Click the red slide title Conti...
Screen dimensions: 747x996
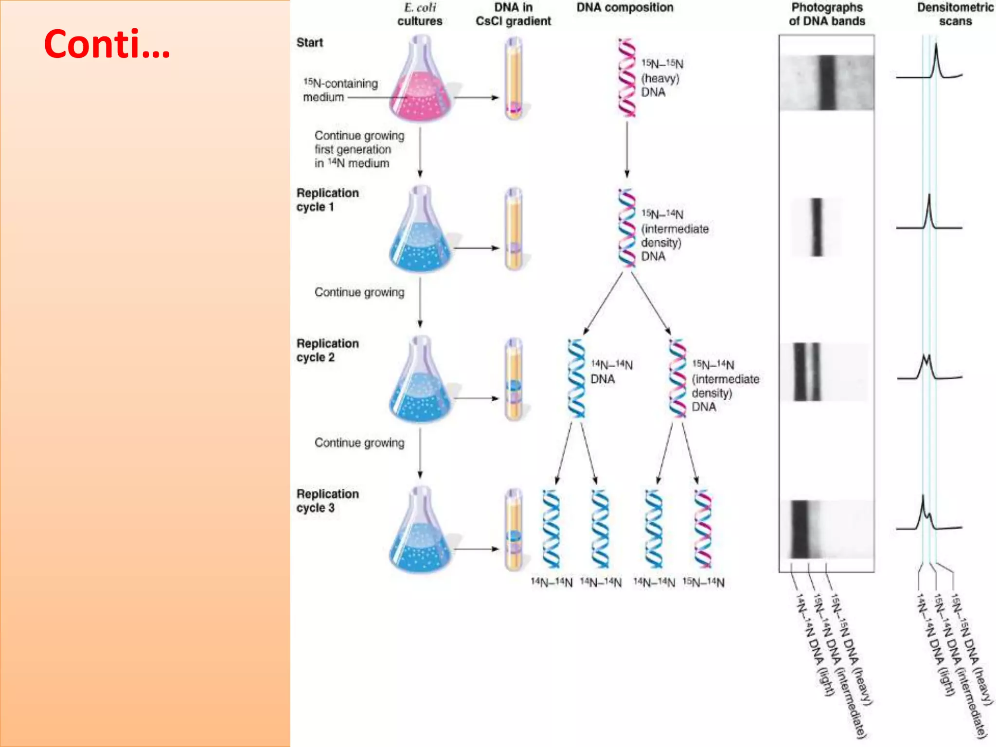coord(107,44)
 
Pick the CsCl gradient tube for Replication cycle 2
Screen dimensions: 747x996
coord(514,379)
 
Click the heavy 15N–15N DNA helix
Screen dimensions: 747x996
coord(627,78)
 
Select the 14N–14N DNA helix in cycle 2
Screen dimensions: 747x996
coord(576,378)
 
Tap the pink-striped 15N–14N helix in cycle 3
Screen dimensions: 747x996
coord(703,529)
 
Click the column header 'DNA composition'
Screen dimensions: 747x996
coord(625,7)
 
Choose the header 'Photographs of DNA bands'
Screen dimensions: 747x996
coord(827,14)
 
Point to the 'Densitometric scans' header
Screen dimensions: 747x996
coord(955,14)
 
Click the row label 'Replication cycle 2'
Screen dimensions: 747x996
coord(327,350)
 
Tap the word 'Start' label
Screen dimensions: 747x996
coord(310,42)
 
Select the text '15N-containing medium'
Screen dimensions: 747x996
coord(340,90)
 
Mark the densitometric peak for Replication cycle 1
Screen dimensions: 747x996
coord(929,209)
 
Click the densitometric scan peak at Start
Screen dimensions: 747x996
coord(936,58)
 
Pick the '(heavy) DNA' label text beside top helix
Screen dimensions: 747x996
coord(660,85)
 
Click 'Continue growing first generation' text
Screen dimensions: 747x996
coord(359,142)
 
